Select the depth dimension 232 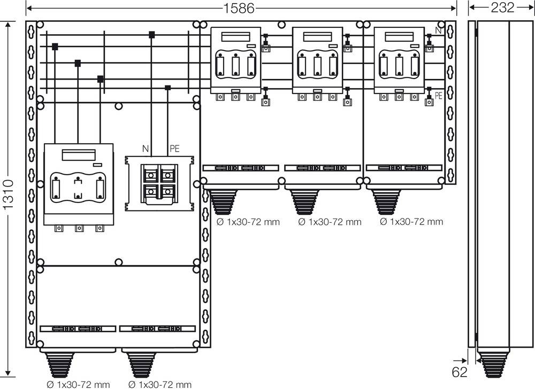coord(502,7)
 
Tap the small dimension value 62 coord(460,372)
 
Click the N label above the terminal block coord(146,148)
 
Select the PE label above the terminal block coord(174,148)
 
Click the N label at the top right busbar coord(438,31)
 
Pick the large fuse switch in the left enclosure coord(79,184)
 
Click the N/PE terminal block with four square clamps coord(159,183)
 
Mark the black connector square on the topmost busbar coord(152,35)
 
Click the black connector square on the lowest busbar coord(168,88)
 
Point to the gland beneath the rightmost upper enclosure coord(386,201)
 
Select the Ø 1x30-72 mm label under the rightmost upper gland coord(411,222)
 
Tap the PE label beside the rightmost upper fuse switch coord(439,96)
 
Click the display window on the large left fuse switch coord(79,155)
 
